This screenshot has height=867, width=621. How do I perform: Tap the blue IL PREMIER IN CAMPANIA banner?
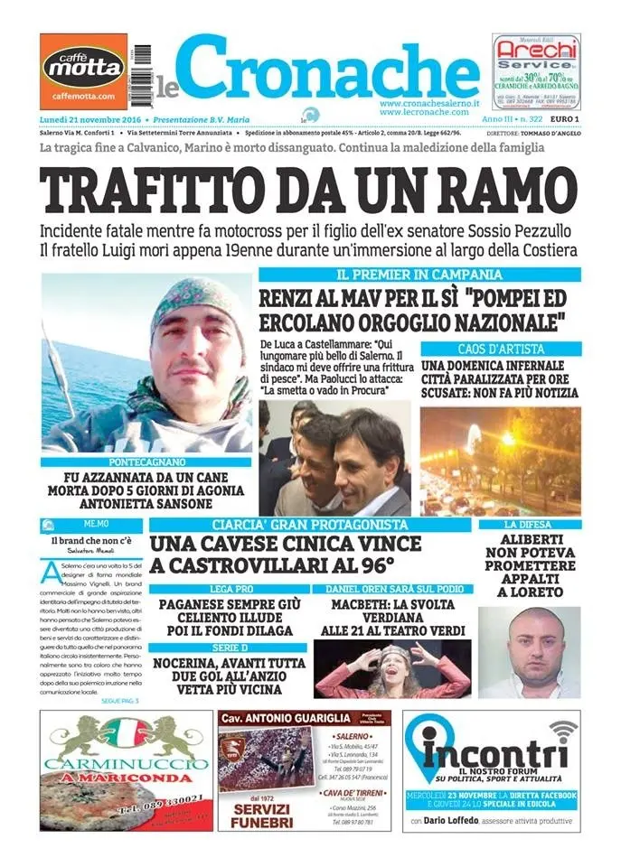click(x=419, y=274)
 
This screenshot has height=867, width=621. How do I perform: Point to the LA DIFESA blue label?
click(x=529, y=525)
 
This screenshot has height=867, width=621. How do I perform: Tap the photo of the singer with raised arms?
click(x=391, y=670)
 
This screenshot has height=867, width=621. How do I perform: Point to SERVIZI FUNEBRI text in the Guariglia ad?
click(x=262, y=816)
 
